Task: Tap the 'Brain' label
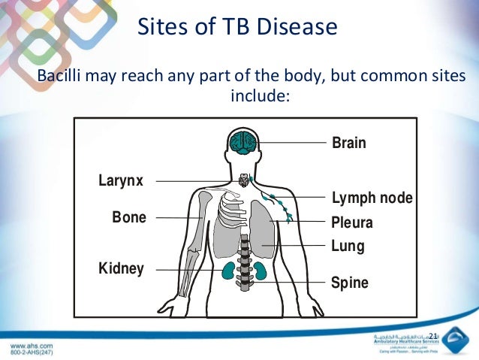tap(348, 143)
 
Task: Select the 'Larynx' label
tap(121, 180)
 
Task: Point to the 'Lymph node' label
tap(372, 198)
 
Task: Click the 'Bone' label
tap(129, 218)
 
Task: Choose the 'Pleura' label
tap(351, 222)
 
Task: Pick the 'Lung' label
tap(348, 246)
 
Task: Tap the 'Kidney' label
tap(121, 268)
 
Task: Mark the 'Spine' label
tap(350, 283)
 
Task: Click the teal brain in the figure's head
tap(243, 141)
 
